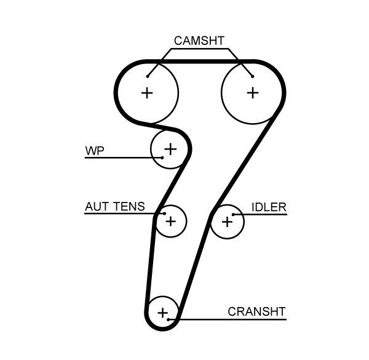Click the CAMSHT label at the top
[199, 41]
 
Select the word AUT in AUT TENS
[96, 207]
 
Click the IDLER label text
[269, 207]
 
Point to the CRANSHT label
[256, 311]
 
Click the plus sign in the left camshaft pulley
[146, 93]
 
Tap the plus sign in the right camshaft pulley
[252, 93]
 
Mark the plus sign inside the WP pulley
[170, 148]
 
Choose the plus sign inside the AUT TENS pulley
[170, 221]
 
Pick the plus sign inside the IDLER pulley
[227, 221]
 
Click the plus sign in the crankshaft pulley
[162, 313]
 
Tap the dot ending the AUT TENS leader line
[164, 214]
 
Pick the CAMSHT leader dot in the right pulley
[252, 77]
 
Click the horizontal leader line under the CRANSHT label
[234, 319]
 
